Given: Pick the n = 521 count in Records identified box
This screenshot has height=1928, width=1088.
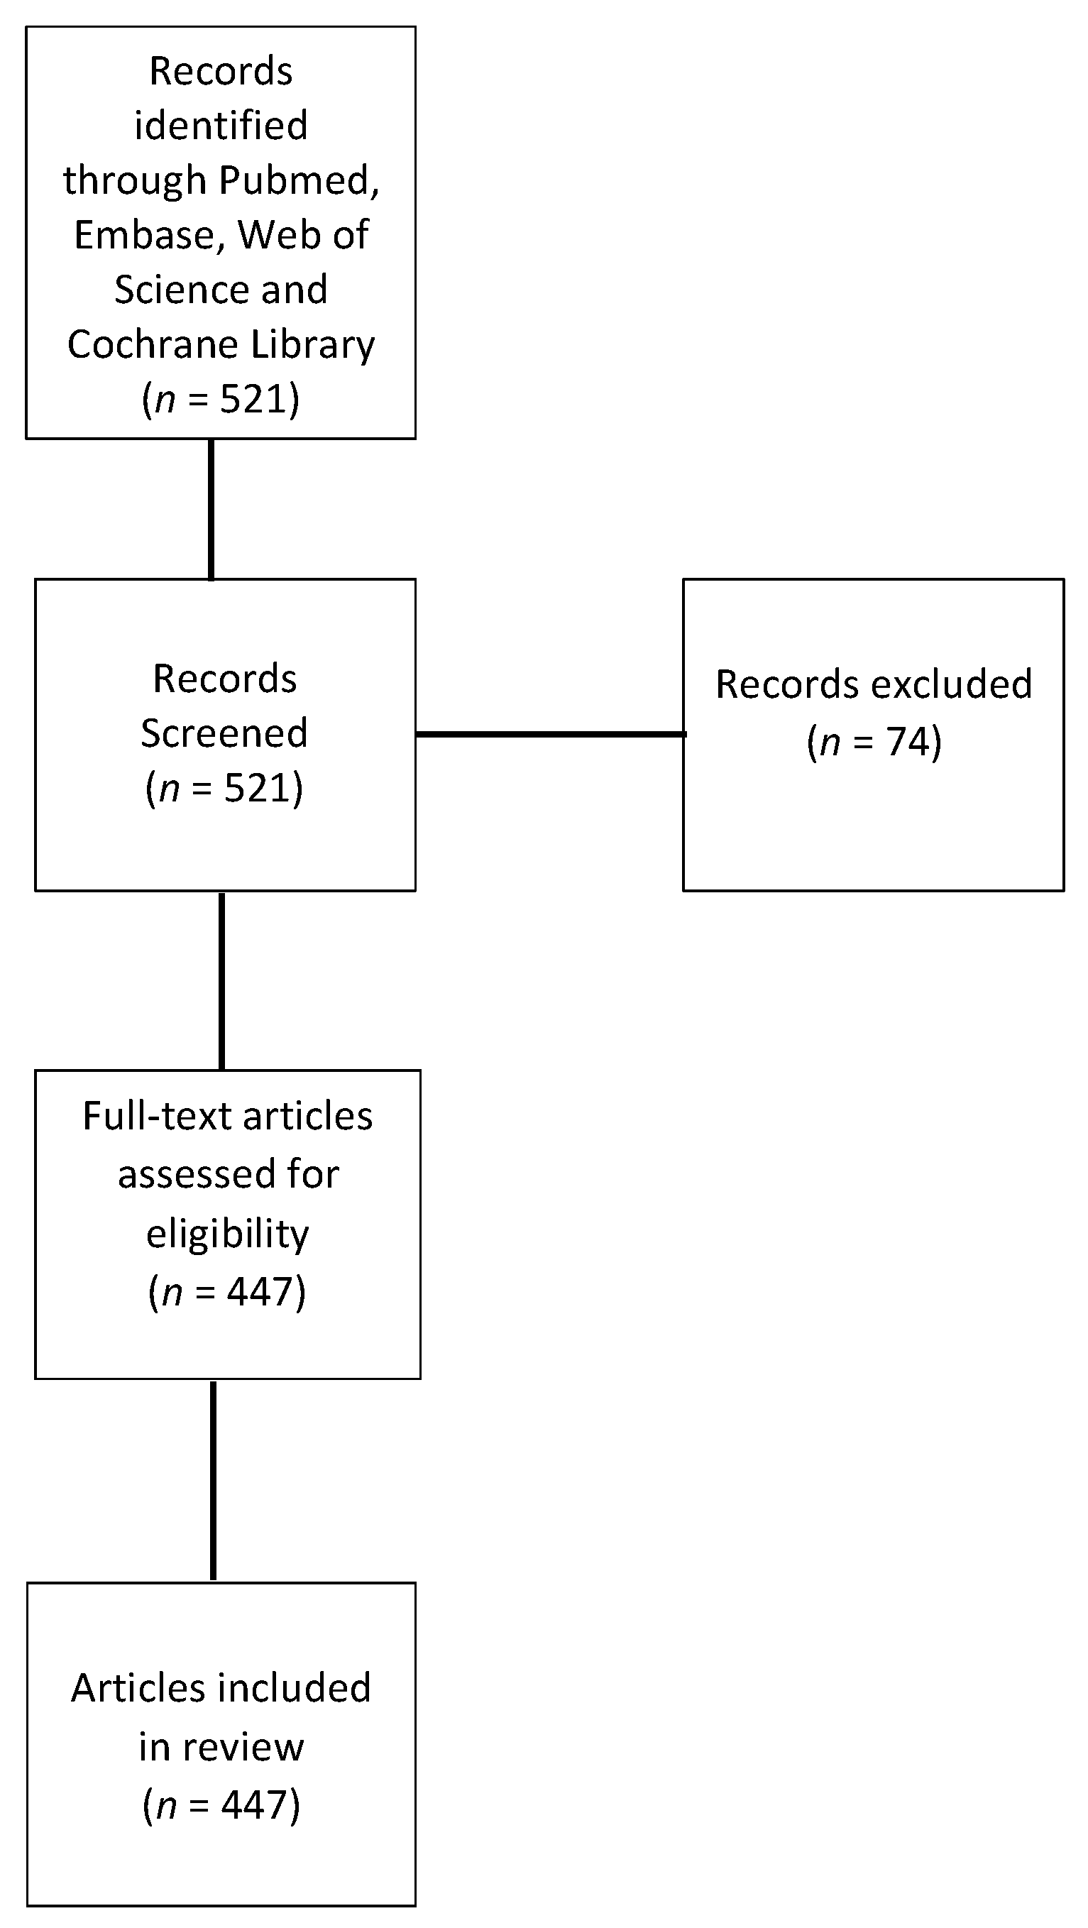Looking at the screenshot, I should pyautogui.click(x=221, y=399).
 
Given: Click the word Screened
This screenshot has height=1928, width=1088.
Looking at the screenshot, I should pyautogui.click(x=224, y=733).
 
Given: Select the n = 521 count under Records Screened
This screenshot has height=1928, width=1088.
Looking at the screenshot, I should pyautogui.click(x=224, y=788).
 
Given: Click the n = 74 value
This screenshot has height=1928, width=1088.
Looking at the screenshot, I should pyautogui.click(x=874, y=742).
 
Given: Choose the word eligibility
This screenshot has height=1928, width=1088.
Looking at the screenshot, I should pyautogui.click(x=228, y=1234).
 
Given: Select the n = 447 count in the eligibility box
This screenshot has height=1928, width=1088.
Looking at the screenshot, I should pyautogui.click(x=228, y=1293).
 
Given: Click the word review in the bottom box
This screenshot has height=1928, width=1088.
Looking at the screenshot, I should pyautogui.click(x=243, y=1747).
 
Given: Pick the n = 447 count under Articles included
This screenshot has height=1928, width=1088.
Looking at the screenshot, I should pyautogui.click(x=221, y=1804).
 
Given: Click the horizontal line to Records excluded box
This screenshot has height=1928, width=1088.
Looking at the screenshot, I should pyautogui.click(x=550, y=734).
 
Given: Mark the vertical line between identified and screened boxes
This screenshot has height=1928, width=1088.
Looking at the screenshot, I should pyautogui.click(x=211, y=509).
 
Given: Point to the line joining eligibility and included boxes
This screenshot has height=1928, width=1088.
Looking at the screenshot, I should pyautogui.click(x=213, y=1481).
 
